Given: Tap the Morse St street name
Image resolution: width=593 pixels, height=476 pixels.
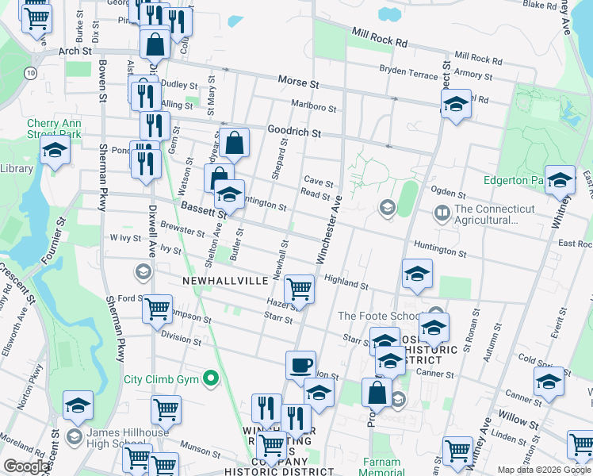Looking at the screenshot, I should [x=298, y=83].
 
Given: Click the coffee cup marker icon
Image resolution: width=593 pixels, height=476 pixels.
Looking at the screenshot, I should [x=300, y=366].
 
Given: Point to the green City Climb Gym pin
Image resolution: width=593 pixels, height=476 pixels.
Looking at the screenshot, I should [x=211, y=378].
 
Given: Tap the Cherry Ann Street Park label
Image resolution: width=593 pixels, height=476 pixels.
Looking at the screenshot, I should [x=54, y=129].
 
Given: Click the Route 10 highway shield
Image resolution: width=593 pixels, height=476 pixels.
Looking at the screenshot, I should [x=29, y=72].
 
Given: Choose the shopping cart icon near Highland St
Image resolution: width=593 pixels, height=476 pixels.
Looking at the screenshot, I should [x=299, y=289].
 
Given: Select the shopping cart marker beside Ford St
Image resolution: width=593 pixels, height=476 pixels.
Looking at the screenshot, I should [x=157, y=309].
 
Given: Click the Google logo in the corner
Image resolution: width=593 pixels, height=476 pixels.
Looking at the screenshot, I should [x=26, y=466].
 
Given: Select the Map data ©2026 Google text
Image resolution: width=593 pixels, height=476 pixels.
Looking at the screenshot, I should [x=544, y=470].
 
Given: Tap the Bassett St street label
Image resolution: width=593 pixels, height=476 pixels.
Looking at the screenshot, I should [x=204, y=209].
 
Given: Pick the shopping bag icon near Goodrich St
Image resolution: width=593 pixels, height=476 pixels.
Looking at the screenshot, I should [x=235, y=144].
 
